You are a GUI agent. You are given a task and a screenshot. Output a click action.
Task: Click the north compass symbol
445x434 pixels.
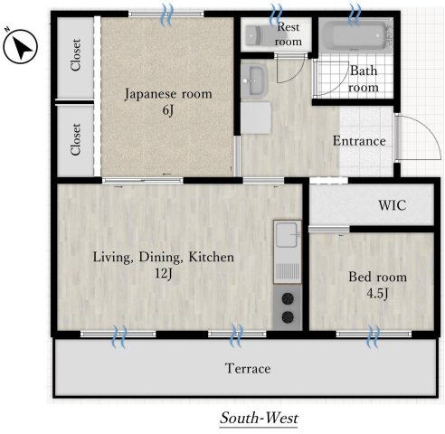click(20, 46)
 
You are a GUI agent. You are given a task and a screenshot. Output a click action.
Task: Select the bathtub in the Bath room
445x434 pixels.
click(355, 34)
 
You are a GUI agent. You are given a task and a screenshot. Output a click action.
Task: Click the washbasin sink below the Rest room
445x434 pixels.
click(253, 80)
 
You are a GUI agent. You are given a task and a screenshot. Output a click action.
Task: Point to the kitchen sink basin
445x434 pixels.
click(287, 234)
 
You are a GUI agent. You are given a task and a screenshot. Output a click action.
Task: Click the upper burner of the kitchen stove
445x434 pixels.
click(288, 298)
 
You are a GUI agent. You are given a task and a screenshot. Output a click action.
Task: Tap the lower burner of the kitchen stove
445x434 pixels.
click(288, 316)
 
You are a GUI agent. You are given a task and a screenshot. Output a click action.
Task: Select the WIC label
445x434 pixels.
click(393, 205)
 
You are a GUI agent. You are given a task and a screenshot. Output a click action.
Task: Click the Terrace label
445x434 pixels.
click(248, 369)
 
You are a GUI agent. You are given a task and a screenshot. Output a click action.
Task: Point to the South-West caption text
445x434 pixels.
click(260, 418)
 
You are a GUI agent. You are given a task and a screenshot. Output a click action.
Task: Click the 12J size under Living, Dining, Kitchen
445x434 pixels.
click(164, 273)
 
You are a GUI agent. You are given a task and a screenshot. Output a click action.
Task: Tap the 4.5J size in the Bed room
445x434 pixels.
click(377, 293)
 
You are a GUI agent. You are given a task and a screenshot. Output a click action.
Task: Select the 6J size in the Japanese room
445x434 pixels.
click(168, 110)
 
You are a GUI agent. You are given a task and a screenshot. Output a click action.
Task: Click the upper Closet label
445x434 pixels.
click(76, 54)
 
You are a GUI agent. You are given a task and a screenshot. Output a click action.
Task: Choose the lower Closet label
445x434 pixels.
click(76, 139)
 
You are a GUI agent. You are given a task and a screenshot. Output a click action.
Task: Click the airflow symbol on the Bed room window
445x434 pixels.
click(374, 335)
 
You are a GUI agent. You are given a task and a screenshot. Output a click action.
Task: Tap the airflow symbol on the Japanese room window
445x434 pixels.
click(167, 14)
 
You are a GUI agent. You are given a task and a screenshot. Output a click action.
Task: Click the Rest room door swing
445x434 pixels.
click(290, 69)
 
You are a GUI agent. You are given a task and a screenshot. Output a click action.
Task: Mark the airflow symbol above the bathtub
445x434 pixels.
click(355, 14)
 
